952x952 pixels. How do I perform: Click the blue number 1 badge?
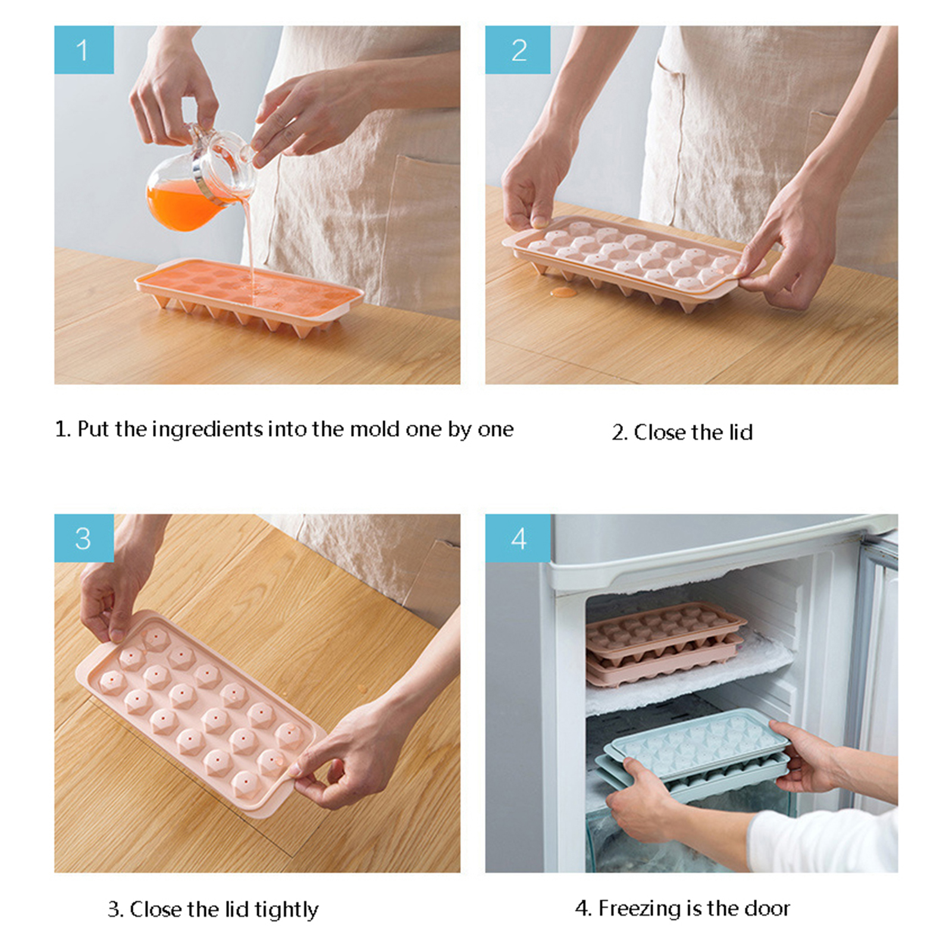point(84,50)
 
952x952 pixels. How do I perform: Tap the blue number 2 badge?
point(518,50)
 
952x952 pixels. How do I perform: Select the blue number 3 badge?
point(84,538)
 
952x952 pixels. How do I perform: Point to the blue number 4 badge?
point(518,538)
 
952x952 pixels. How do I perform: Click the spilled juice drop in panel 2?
point(563,292)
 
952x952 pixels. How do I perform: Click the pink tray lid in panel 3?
point(199,711)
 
